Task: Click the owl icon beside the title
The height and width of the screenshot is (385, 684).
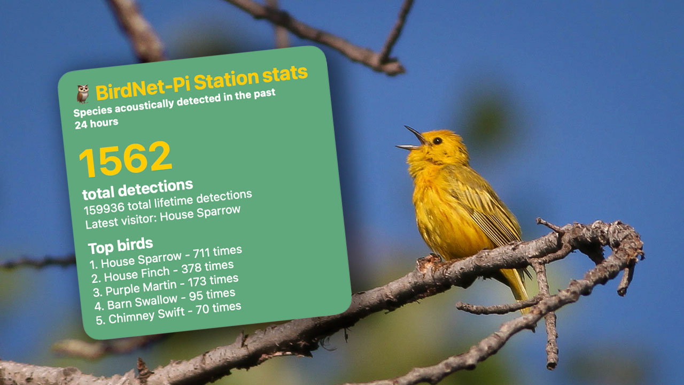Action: [82, 94]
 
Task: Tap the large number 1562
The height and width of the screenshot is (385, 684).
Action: [125, 159]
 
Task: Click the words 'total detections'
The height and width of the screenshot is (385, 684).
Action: [137, 189]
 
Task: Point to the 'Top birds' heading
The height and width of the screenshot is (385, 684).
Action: [120, 246]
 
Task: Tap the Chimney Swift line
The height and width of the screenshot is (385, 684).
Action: [168, 313]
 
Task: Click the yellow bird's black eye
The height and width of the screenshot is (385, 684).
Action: [437, 141]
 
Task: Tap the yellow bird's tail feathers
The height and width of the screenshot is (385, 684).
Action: [517, 284]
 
